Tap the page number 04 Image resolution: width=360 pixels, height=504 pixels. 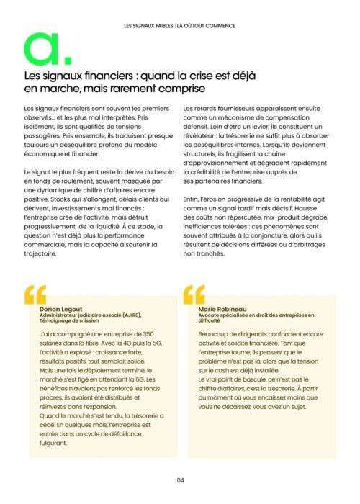[x=180, y=481]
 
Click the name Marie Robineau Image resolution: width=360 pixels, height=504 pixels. [x=220, y=309]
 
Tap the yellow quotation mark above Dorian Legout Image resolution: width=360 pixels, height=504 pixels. [x=35, y=294]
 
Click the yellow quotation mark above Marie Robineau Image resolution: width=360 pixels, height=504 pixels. [x=195, y=294]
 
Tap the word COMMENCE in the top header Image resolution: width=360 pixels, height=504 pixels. [x=218, y=26]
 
